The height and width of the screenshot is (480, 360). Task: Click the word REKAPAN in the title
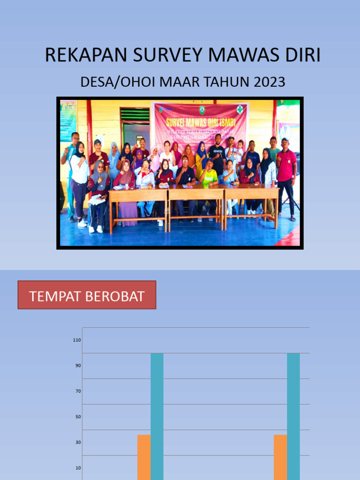[86, 55]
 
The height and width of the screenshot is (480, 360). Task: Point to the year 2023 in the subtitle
[269, 82]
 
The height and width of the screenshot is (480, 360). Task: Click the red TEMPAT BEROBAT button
[87, 295]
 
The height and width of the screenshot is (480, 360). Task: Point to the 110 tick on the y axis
[77, 340]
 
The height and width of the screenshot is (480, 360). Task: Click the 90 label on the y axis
[78, 366]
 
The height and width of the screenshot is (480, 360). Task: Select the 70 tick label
[78, 391]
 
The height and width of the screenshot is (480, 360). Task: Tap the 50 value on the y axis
[78, 417]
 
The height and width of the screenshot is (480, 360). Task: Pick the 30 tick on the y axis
[78, 442]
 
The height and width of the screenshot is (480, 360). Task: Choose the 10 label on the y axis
[78, 468]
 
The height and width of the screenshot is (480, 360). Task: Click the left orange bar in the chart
[144, 457]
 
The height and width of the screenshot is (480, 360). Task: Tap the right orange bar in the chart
[280, 457]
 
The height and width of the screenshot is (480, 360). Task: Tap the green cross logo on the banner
[240, 110]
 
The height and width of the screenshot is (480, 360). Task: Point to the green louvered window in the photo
[135, 115]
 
